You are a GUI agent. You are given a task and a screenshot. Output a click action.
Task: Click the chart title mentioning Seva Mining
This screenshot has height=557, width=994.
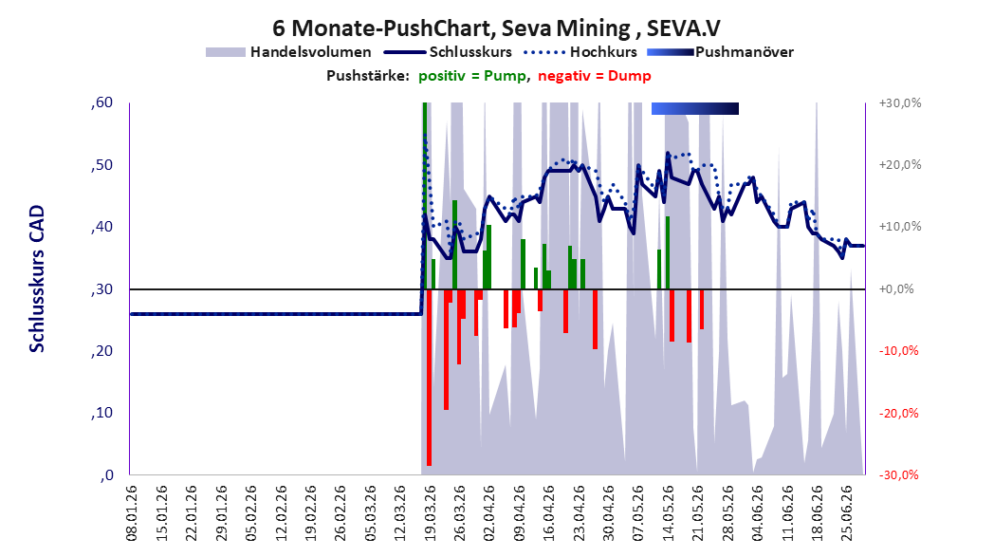click(496, 28)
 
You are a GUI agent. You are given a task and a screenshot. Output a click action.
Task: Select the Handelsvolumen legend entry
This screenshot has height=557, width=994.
click(288, 52)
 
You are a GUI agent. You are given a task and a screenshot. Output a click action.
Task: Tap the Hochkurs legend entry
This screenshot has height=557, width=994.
click(580, 52)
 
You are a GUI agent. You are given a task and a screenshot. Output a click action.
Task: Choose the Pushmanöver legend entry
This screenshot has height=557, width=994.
click(721, 52)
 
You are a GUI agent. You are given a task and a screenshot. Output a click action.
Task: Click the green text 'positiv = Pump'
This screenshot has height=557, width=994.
click(472, 76)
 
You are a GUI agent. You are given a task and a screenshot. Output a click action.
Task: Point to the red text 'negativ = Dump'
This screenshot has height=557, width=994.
click(595, 76)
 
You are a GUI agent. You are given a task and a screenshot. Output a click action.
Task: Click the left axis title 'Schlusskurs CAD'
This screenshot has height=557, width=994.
click(37, 279)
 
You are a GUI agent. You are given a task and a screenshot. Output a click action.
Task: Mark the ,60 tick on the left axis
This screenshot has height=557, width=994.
click(102, 102)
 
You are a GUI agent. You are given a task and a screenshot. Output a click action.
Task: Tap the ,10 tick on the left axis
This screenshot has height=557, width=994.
click(102, 413)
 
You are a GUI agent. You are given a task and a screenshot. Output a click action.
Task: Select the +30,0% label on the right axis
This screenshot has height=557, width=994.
click(900, 102)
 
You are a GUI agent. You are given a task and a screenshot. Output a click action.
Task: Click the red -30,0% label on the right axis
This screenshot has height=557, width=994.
click(900, 474)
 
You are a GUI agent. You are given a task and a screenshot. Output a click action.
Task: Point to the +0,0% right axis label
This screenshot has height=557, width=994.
click(896, 289)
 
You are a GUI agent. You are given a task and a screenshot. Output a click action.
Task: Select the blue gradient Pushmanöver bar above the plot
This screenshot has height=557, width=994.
click(695, 108)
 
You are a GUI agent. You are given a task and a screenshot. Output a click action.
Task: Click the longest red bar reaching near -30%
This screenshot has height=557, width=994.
click(429, 378)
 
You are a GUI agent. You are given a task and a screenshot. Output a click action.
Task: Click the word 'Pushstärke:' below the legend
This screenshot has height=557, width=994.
click(368, 76)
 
